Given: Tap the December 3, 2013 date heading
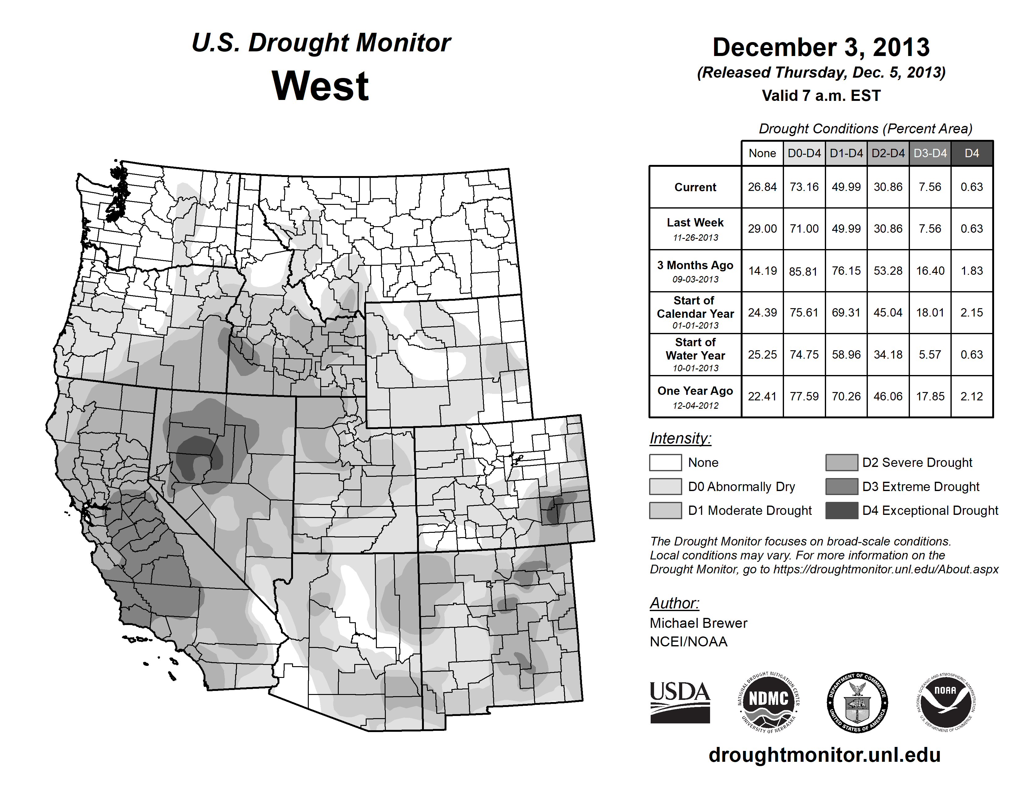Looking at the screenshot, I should (821, 47).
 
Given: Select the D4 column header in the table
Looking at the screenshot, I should (971, 153).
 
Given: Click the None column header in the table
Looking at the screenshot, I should (762, 153).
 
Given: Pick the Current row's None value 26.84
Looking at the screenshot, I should (762, 187).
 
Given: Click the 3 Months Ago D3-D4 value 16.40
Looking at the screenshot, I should (930, 271).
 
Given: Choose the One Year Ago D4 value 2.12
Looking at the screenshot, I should (971, 396).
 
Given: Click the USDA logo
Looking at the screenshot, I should (680, 702).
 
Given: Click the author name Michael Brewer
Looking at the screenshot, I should (698, 623).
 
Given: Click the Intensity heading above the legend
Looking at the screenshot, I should (680, 438).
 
